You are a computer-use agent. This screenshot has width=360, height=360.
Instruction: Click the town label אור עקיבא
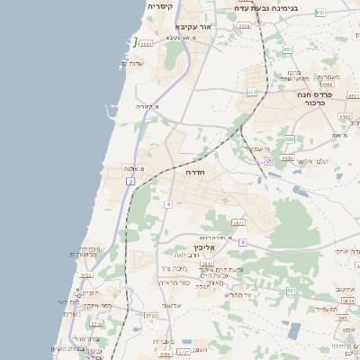218,28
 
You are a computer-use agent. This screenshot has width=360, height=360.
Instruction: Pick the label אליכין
204,247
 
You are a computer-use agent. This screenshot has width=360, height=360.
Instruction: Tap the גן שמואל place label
257,148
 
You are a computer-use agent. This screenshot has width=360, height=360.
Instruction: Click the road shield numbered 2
130,182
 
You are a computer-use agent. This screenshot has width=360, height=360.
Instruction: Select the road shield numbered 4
167,204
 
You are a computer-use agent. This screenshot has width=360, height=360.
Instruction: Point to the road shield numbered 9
242,241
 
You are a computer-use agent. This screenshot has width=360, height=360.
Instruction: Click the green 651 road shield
251,92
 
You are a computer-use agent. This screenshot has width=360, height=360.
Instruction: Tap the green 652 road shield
288,49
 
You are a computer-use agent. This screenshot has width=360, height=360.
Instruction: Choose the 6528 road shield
244,26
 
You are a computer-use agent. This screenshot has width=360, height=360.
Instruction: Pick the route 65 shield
268,160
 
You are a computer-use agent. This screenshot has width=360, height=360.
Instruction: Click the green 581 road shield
291,291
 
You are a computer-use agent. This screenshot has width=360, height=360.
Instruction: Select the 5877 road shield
238,222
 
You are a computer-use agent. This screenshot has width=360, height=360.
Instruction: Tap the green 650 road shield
290,139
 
